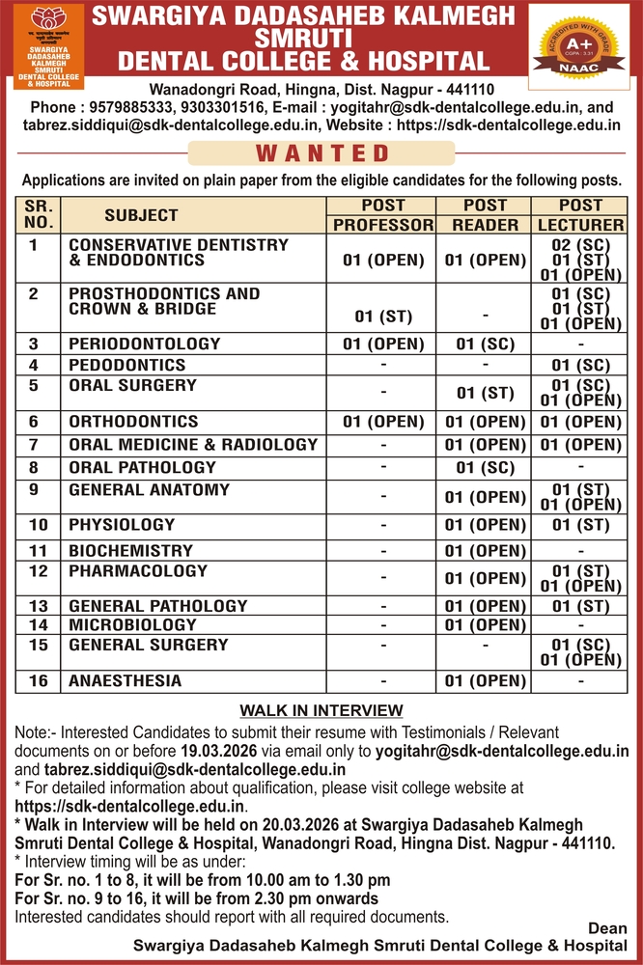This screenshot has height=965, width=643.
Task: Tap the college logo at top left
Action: (53, 45)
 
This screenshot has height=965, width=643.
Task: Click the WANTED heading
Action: (322, 153)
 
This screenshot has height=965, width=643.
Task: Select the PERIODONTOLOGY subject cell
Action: (145, 344)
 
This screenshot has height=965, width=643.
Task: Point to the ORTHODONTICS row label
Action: (133, 422)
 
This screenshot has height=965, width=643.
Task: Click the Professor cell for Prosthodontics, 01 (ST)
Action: (383, 317)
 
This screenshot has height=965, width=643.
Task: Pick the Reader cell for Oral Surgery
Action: (485, 393)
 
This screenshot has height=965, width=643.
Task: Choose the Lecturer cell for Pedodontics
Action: (580, 366)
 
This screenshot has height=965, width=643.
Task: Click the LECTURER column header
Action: (580, 225)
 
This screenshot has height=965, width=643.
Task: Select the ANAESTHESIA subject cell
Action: (125, 681)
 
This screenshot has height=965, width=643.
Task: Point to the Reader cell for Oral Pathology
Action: (485, 468)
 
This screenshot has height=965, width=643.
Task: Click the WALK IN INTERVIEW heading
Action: (321, 711)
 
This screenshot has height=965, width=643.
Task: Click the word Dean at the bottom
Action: (607, 928)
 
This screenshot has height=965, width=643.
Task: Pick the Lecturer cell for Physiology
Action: (580, 526)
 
